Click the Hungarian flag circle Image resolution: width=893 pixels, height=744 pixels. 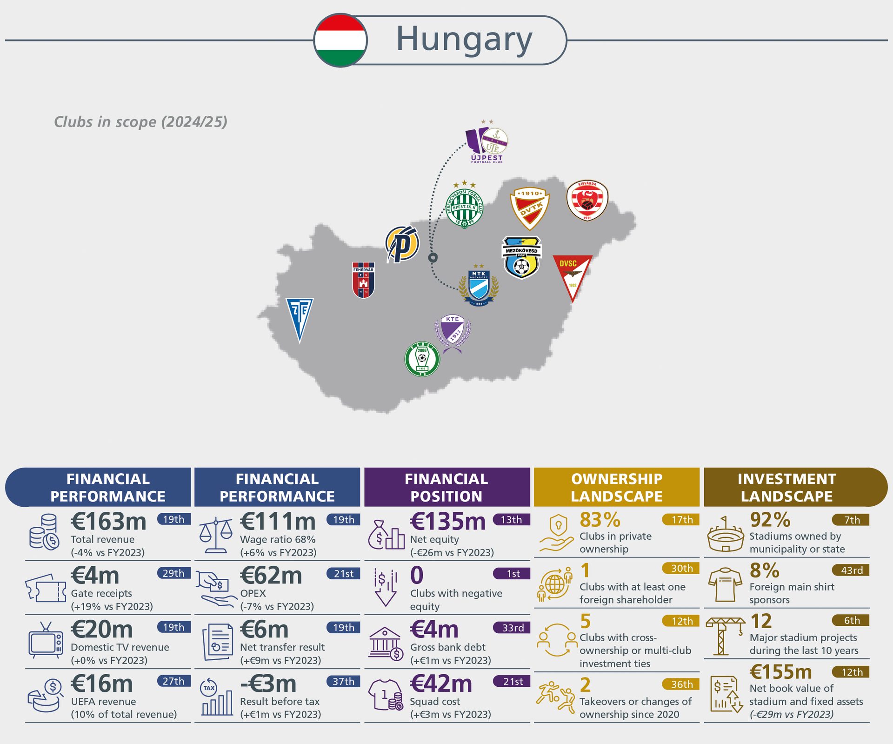click(x=340, y=40)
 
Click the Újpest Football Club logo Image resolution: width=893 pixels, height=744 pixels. click(x=487, y=143)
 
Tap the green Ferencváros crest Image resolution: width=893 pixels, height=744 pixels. click(x=465, y=207)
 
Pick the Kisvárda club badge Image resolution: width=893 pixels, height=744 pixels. click(x=587, y=201)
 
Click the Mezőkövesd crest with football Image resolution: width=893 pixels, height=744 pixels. click(x=521, y=257)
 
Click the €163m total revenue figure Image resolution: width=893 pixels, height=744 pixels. click(x=108, y=522)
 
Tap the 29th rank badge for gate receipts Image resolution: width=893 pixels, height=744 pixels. click(x=173, y=573)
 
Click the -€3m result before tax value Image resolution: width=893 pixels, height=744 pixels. click(x=268, y=684)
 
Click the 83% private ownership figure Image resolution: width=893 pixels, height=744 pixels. click(x=600, y=520)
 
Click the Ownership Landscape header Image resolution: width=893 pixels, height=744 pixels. click(x=617, y=487)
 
